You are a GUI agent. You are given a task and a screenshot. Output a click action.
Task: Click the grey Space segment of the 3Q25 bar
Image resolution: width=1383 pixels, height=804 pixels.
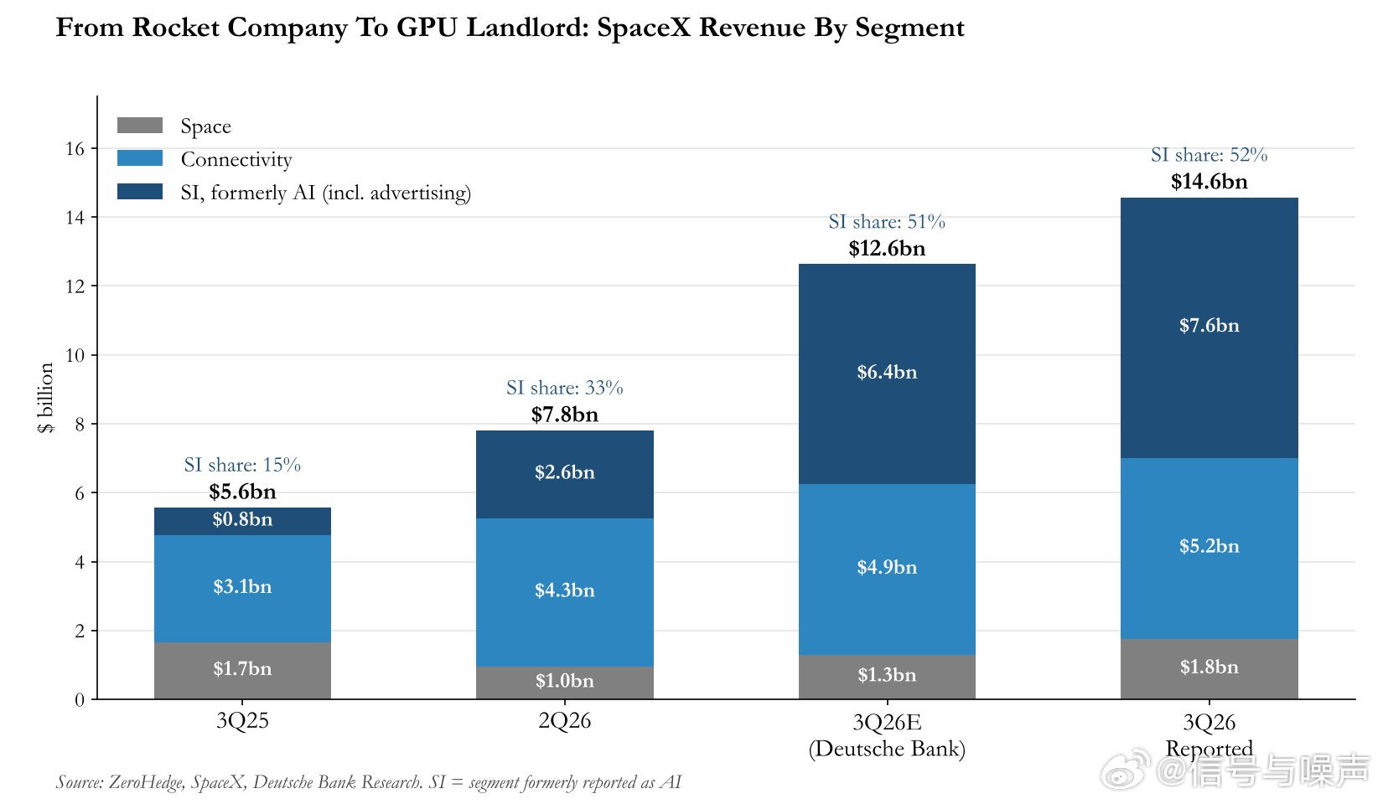coord(242,670)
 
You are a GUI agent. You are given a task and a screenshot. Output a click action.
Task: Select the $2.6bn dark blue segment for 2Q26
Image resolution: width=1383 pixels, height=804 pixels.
coord(564,474)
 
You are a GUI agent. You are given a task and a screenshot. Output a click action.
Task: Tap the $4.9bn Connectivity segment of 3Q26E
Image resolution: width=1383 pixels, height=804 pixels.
coord(887,569)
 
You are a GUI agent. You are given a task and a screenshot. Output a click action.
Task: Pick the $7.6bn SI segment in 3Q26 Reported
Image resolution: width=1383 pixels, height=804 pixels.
coord(1209,327)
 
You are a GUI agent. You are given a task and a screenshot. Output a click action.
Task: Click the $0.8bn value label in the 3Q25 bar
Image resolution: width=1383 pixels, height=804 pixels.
coord(242,519)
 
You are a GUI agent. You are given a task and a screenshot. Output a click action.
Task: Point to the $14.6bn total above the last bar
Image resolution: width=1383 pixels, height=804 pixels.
coord(1209,182)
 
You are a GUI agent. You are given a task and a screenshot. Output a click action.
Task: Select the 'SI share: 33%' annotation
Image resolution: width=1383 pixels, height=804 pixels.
coord(564,388)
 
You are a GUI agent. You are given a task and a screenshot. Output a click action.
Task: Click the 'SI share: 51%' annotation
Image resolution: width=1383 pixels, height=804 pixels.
coord(887,221)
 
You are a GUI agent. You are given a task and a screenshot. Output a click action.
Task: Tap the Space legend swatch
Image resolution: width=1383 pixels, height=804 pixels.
coord(139,126)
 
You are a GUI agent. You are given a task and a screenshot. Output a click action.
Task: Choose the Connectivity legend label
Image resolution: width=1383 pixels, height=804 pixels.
coord(236,159)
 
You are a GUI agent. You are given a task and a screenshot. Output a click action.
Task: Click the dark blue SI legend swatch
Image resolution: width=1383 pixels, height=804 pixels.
coord(139,191)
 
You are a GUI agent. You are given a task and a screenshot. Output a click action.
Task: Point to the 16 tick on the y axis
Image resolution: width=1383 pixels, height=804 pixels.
coord(75,149)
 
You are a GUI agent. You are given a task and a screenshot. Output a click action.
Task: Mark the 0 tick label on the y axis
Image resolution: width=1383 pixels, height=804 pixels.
coord(80,699)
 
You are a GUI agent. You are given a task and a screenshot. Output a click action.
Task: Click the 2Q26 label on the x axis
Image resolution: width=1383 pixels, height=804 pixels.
coord(564,721)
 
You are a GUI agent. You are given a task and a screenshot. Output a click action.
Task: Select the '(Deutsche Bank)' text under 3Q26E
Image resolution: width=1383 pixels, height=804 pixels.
coord(887,749)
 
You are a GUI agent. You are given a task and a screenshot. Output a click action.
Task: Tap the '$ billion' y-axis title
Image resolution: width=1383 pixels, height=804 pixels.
coord(46,397)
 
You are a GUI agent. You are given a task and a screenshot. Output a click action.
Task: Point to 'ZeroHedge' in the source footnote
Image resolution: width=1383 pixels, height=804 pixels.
coord(147,782)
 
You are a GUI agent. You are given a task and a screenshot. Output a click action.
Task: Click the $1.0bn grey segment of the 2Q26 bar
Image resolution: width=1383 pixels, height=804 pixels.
coord(564,683)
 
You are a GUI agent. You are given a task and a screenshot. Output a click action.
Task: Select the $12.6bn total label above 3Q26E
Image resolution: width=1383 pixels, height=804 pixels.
coord(887,249)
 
